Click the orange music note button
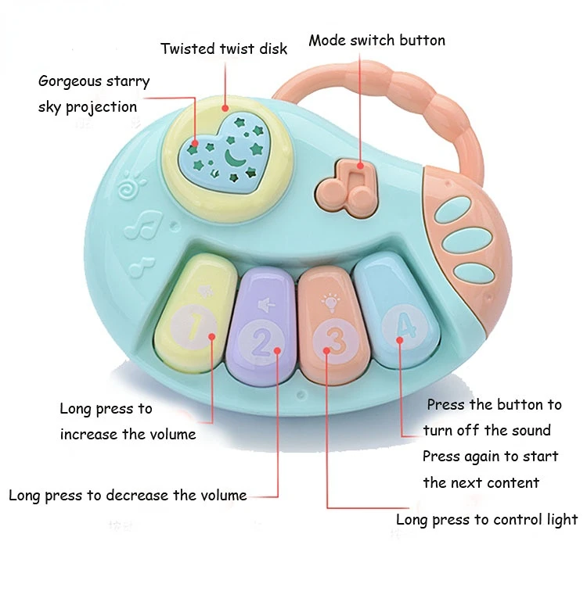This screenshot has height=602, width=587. point(346,186)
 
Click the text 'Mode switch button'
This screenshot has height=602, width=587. point(376,41)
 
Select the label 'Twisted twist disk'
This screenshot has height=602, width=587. point(224,48)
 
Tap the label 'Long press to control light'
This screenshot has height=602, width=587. point(486,520)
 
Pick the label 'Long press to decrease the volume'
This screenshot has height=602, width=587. point(128,495)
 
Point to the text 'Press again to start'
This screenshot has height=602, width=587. point(490,457)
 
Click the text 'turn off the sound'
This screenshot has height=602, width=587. point(487,431)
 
